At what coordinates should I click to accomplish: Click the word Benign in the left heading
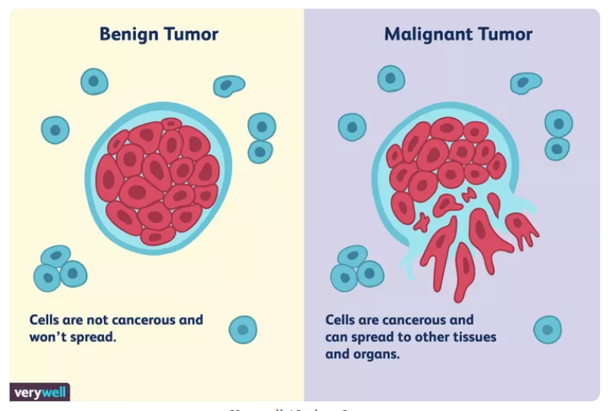tap(127, 35)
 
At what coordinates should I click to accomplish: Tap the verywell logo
tap(39, 393)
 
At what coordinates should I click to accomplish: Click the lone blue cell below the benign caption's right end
tap(242, 329)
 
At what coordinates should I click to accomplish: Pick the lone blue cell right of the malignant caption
tap(547, 329)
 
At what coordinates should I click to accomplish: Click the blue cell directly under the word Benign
tap(94, 81)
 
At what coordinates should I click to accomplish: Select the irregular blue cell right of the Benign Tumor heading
tap(229, 85)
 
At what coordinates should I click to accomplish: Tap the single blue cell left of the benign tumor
tap(55, 129)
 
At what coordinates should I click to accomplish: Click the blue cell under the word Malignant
tap(391, 78)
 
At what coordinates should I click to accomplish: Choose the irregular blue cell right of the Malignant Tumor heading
tap(525, 82)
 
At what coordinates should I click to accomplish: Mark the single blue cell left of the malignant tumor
tap(351, 127)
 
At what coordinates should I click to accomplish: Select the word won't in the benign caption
tap(47, 337)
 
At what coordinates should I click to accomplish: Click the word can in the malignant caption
tap(337, 337)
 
